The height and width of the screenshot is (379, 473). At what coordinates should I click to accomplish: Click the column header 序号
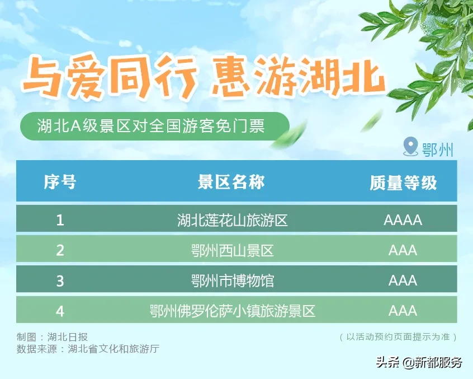(60, 182)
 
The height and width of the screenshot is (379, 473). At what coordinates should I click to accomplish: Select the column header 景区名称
(231, 182)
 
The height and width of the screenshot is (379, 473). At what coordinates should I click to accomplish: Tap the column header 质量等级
(403, 183)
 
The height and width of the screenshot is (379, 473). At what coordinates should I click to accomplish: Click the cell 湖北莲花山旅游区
(232, 220)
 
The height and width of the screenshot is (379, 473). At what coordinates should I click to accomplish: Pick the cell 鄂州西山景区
(232, 250)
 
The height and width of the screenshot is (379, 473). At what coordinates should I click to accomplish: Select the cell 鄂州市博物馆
(232, 281)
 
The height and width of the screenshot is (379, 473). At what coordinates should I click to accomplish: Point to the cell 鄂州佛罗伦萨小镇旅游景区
(232, 311)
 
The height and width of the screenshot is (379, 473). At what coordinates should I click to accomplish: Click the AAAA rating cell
(403, 220)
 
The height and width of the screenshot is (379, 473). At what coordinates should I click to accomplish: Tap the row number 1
(60, 220)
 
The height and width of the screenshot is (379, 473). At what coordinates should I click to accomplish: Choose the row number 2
(60, 250)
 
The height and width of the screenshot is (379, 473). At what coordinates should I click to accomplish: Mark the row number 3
(60, 281)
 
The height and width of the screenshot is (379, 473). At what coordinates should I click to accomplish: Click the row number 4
(60, 311)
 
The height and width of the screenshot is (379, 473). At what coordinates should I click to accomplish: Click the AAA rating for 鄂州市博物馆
(403, 281)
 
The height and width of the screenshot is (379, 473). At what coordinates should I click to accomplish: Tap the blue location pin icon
(410, 147)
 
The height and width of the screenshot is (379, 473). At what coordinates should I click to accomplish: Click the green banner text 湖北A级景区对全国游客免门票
(151, 126)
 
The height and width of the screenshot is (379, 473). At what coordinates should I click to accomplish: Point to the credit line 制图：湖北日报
(52, 336)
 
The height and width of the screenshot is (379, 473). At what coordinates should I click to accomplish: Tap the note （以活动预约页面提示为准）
(398, 336)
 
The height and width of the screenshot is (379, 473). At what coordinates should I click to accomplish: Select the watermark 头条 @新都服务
(419, 362)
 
